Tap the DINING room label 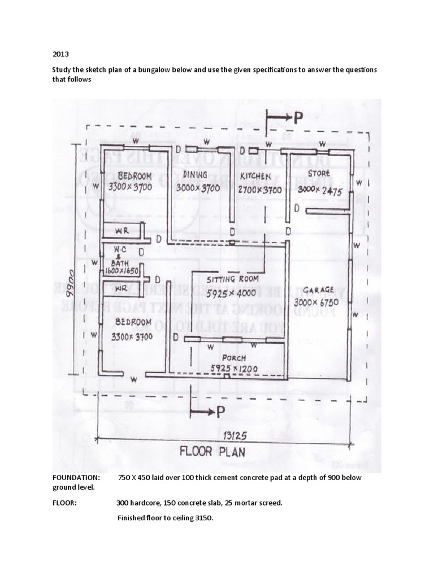[x=195, y=175]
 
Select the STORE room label [x=319, y=173]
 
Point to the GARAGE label [x=318, y=291]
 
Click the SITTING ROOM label [x=233, y=279]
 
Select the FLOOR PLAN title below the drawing [x=212, y=452]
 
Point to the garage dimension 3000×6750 [x=316, y=303]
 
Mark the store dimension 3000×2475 [x=320, y=190]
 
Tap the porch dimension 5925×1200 [x=234, y=369]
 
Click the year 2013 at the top [x=60, y=55]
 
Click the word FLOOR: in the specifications [x=65, y=503]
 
